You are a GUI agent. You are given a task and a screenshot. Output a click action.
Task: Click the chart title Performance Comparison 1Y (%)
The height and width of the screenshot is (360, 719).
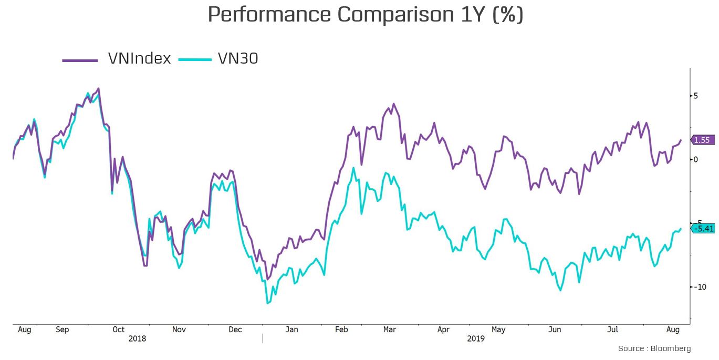(365, 15)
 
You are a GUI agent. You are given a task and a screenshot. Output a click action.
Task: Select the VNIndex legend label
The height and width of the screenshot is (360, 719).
(139, 59)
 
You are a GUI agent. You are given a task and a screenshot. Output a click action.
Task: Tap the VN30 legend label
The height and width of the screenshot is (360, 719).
(238, 59)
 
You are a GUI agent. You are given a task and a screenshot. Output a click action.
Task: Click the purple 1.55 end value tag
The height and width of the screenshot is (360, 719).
(702, 140)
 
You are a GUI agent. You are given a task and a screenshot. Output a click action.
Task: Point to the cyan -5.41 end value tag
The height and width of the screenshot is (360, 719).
(703, 228)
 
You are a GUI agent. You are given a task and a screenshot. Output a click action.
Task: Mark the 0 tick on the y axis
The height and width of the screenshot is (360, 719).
(695, 159)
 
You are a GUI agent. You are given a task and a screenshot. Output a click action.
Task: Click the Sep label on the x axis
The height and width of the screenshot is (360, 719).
(62, 330)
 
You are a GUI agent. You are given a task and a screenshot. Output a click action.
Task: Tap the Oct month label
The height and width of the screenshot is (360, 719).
(118, 330)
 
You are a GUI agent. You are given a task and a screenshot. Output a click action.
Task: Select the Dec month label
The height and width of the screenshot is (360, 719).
(235, 330)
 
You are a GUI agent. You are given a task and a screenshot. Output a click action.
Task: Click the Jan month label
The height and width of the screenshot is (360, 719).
(291, 330)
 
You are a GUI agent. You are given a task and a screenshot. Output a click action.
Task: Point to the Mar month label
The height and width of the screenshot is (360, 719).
(389, 330)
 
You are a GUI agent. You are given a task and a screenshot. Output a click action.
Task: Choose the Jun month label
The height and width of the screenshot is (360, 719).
(555, 330)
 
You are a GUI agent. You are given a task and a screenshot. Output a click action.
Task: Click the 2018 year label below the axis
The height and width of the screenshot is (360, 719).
(137, 339)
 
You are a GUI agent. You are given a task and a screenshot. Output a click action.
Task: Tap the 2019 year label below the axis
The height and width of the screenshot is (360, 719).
(476, 339)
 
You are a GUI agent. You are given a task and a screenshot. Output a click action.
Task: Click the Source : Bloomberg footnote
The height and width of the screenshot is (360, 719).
(654, 348)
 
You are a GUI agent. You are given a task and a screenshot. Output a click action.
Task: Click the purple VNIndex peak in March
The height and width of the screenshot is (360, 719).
(394, 104)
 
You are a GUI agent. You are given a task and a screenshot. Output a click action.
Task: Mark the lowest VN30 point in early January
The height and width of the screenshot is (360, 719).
(268, 303)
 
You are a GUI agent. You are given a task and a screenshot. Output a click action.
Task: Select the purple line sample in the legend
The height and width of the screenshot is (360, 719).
(80, 60)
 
